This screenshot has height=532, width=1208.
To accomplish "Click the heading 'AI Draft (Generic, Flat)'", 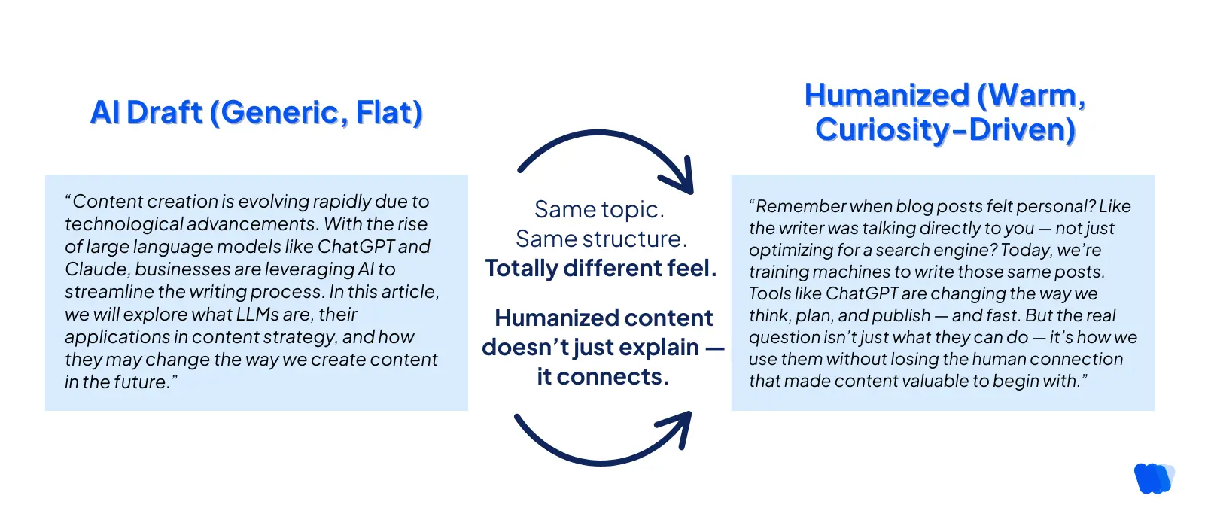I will click(x=256, y=113).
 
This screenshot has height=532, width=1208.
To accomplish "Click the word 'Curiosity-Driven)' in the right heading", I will click(x=945, y=129).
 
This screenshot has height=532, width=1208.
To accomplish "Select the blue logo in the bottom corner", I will click(x=1152, y=479).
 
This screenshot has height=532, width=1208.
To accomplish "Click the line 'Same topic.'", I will click(x=599, y=209).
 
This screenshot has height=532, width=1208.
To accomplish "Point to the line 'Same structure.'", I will click(x=601, y=239).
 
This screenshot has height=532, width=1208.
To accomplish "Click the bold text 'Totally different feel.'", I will click(x=601, y=268).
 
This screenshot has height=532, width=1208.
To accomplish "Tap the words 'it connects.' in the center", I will click(x=602, y=376).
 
